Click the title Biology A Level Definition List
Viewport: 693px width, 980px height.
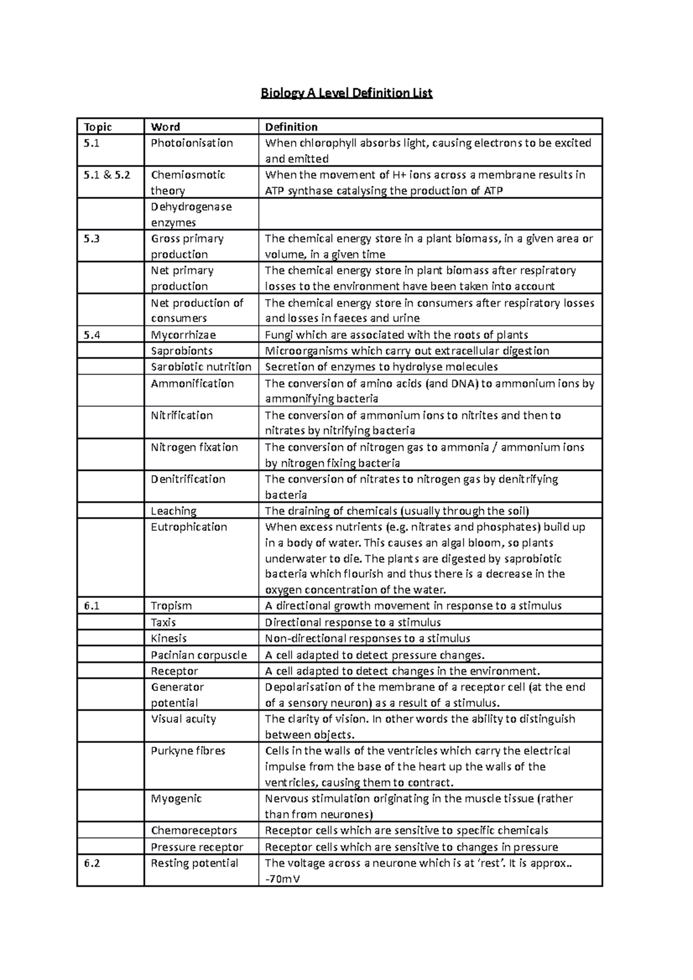tap(346, 93)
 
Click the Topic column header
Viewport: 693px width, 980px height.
tap(98, 127)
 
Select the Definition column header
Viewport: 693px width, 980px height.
tap(291, 127)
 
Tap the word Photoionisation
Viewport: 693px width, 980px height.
tap(192, 143)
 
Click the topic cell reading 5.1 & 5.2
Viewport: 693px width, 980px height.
tap(107, 175)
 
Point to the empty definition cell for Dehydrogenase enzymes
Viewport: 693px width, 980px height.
tap(430, 214)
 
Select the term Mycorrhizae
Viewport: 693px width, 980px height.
tap(183, 335)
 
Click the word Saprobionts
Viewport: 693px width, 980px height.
tap(181, 351)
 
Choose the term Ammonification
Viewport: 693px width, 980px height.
tap(192, 384)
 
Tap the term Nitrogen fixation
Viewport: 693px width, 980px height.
tap(194, 447)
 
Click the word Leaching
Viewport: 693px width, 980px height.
tap(173, 511)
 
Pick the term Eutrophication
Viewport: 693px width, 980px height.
tap(189, 527)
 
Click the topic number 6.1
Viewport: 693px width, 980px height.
tap(92, 606)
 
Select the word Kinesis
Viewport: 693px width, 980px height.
tap(169, 638)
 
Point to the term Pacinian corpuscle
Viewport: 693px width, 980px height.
tap(199, 655)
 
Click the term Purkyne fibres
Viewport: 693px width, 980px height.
tap(188, 751)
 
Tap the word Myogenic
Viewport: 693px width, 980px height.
tap(176, 799)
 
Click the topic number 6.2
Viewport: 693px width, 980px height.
tap(92, 863)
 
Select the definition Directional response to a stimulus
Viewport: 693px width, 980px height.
tap(352, 622)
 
